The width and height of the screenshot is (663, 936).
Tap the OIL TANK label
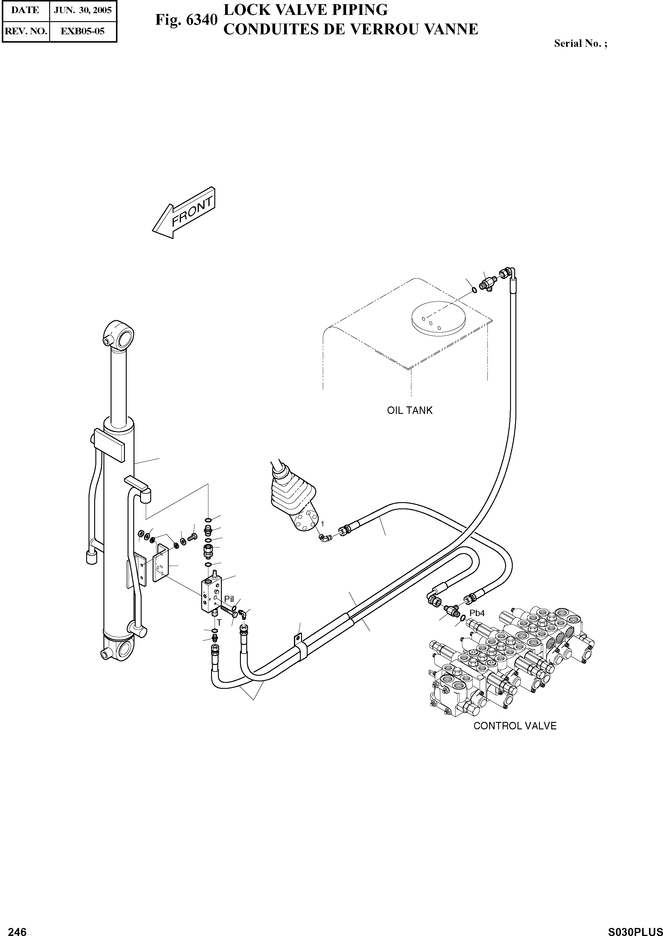tap(410, 410)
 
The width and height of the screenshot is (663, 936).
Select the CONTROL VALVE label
tap(515, 726)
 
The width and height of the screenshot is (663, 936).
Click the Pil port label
tap(229, 599)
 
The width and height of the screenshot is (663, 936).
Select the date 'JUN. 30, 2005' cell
tap(83, 10)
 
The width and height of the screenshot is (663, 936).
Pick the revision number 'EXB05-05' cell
tap(83, 31)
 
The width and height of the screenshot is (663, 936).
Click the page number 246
tap(17, 928)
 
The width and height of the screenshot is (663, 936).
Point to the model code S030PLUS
tap(635, 929)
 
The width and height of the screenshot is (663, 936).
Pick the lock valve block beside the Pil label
tap(211, 596)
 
